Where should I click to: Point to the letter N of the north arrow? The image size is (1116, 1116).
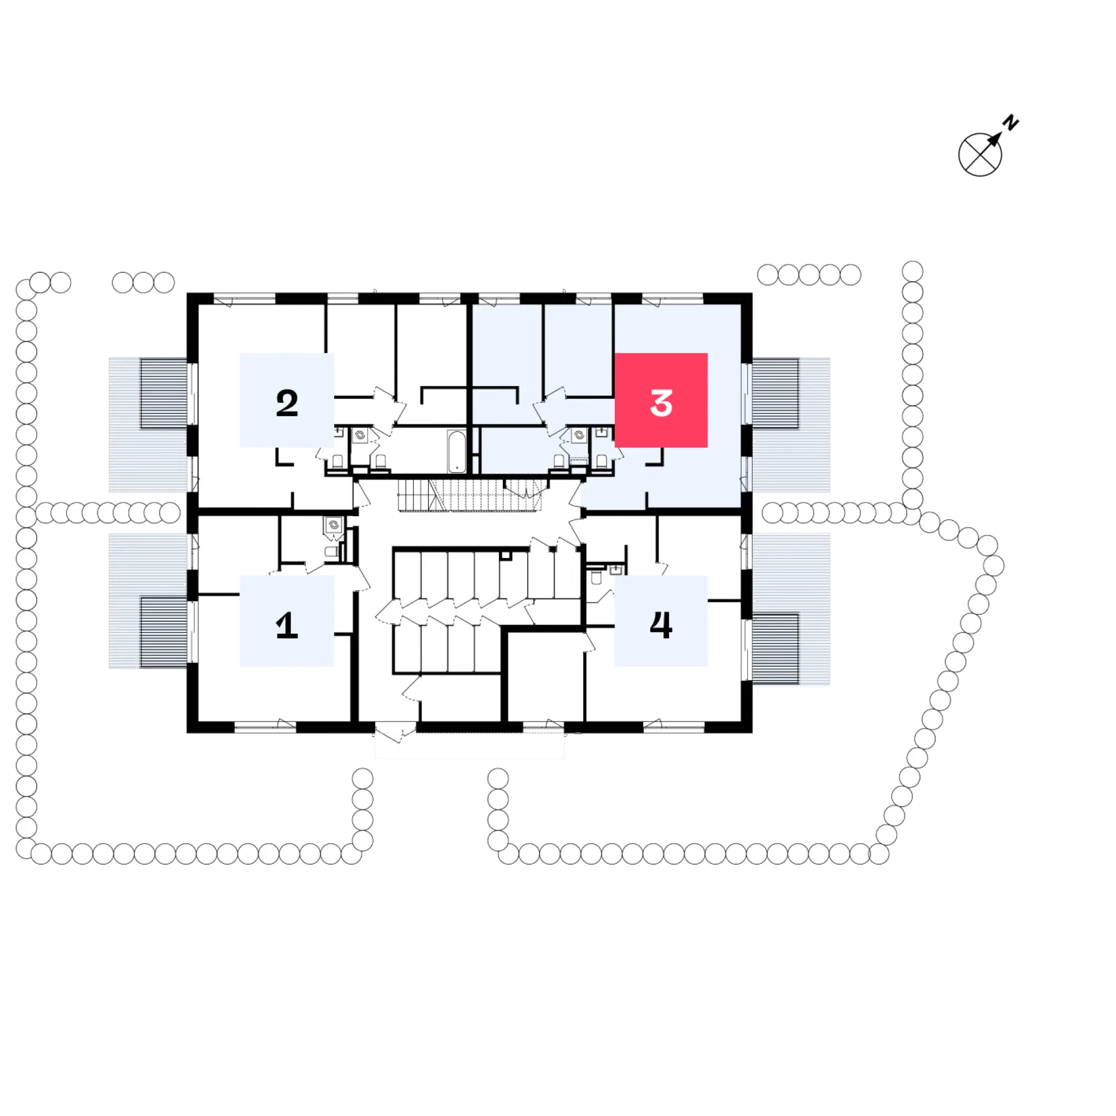(1011, 122)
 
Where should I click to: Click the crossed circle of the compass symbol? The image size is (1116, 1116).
(980, 155)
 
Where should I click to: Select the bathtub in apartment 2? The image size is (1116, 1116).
(456, 451)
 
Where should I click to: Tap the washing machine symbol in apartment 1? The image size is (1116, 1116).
(333, 525)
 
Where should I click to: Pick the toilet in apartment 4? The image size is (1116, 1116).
(597, 577)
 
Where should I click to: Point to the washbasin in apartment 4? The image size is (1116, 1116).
(617, 571)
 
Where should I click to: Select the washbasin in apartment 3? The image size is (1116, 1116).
(602, 432)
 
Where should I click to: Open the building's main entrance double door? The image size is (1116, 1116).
(396, 732)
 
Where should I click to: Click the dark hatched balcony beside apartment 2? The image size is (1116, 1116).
(163, 393)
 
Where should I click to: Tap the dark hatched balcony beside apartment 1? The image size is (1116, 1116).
(163, 632)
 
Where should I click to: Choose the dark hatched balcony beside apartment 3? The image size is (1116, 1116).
(775, 393)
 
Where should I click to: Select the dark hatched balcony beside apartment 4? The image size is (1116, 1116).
(775, 648)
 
